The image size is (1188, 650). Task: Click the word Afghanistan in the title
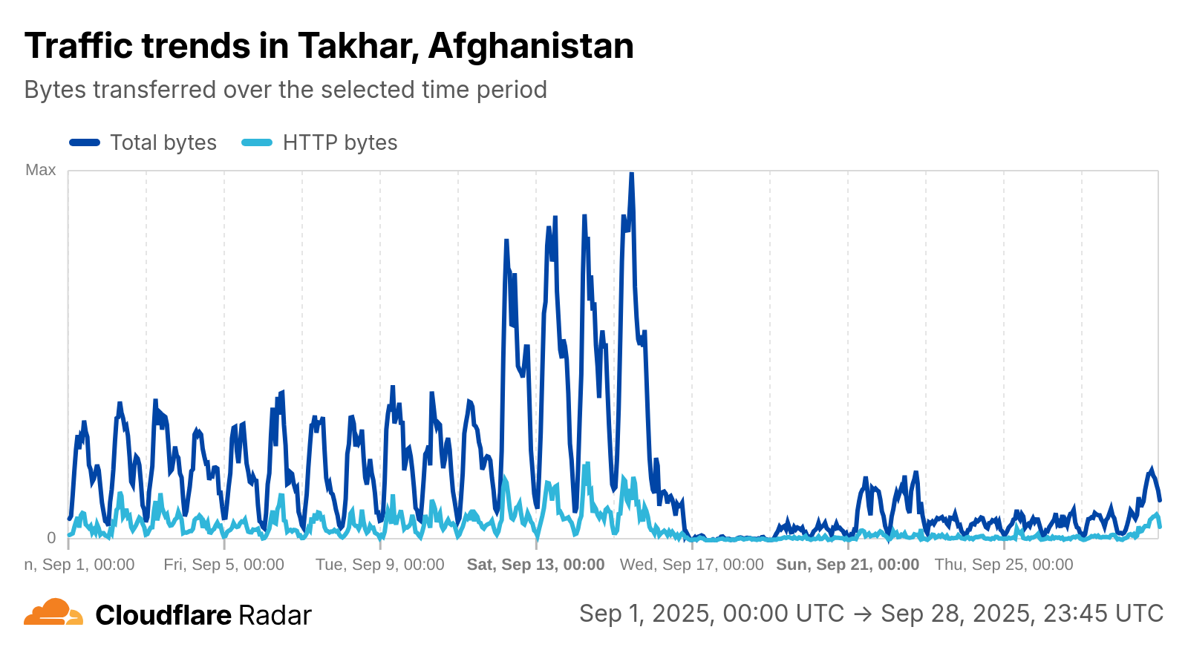pos(531,46)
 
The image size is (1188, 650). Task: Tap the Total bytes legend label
pos(163,142)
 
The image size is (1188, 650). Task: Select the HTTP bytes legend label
pos(340,142)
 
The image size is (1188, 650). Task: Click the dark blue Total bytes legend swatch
pos(85,142)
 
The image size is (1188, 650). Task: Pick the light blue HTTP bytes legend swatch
pos(257,142)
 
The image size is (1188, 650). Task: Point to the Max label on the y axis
pos(41,170)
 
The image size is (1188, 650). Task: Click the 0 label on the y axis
pos(51,538)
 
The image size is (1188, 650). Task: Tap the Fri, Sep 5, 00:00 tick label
pos(223,565)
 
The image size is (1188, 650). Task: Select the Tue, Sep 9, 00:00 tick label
pos(379,565)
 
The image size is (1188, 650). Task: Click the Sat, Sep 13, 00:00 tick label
pos(535,565)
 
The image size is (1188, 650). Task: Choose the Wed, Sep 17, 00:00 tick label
pos(691,565)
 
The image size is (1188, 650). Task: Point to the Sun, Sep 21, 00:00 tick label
pos(847,565)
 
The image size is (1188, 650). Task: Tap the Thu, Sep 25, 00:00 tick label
pos(1003,565)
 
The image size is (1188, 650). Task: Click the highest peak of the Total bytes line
pos(631,174)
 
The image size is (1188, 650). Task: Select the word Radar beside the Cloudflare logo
pos(275,615)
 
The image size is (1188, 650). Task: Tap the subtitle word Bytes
pos(54,90)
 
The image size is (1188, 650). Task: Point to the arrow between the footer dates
pos(862,614)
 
